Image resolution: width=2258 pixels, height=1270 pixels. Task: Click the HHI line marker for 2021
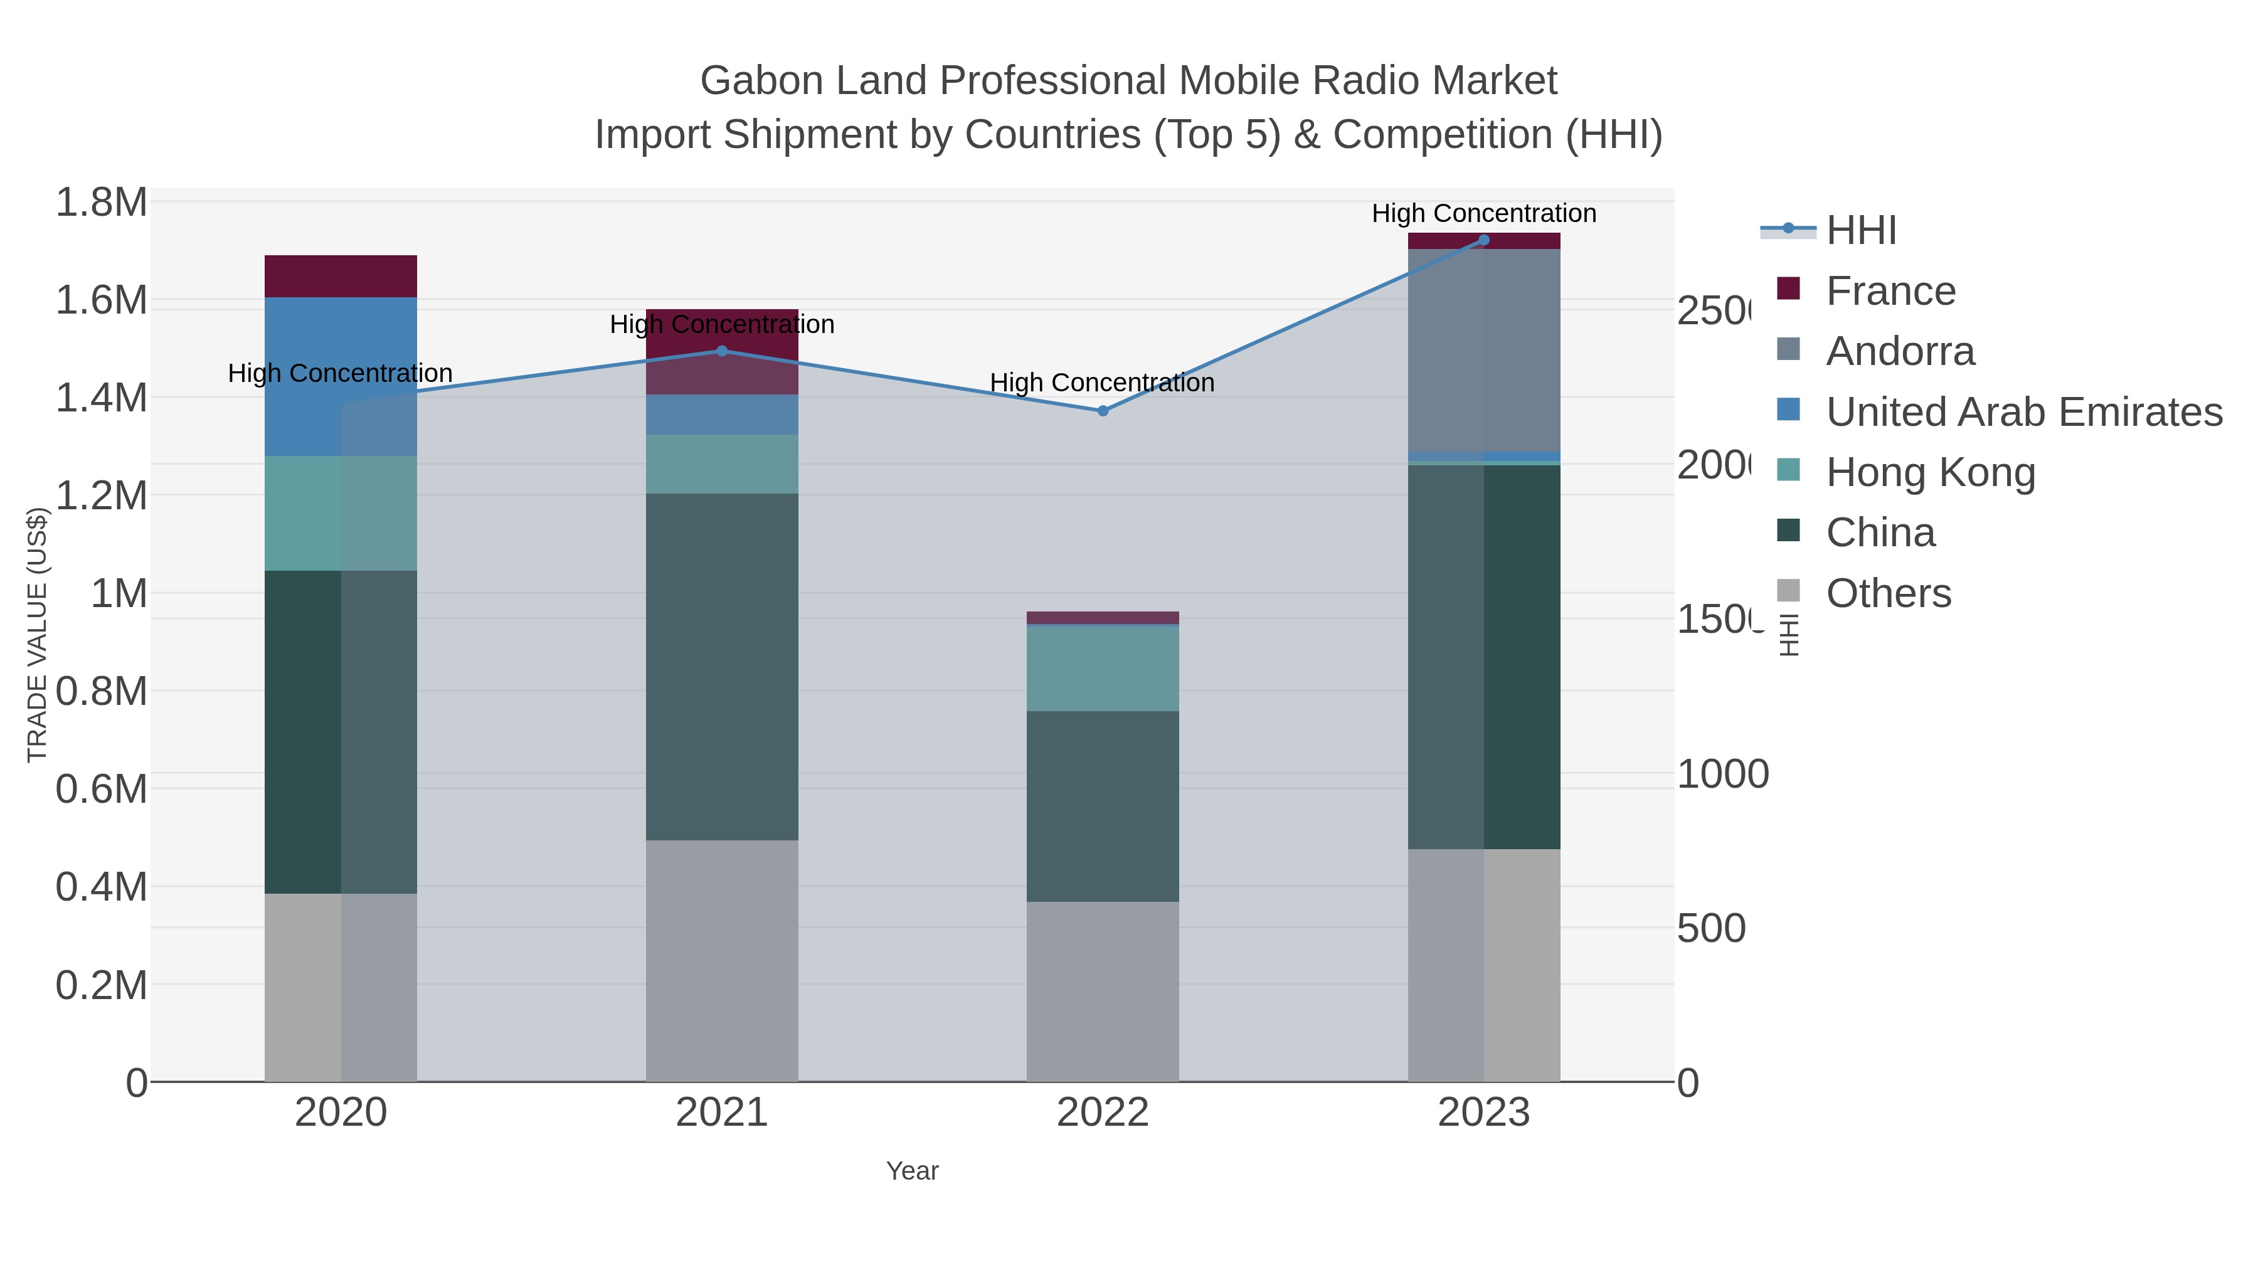coord(721,351)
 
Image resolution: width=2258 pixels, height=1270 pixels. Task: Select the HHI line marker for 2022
coord(1103,410)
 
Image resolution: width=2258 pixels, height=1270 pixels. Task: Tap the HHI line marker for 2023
coord(1483,240)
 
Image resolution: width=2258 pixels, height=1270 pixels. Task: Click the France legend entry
coord(1890,290)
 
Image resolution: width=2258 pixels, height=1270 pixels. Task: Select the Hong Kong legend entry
coord(1929,472)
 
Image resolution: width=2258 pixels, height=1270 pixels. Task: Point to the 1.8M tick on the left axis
coord(102,203)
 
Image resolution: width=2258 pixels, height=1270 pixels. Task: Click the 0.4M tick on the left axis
coord(102,886)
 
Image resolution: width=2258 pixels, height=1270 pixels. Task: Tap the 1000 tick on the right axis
coord(1722,774)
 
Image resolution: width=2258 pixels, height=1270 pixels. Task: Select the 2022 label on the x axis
coord(1102,1112)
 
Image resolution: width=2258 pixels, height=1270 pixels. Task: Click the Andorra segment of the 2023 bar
coord(1483,351)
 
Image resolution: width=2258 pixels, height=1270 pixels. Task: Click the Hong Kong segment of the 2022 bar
coord(1102,668)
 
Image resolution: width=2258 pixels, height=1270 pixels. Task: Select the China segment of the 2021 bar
coord(721,666)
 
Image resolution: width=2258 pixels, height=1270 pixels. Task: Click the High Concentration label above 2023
coord(1483,213)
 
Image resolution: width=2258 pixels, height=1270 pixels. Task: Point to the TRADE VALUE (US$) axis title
coord(37,635)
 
